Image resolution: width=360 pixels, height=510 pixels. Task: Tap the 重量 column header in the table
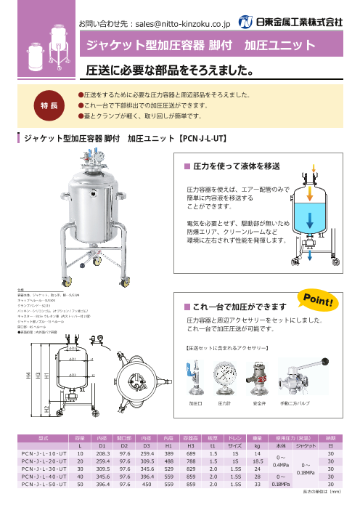click(x=256, y=438)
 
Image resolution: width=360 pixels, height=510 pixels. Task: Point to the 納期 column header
click(x=331, y=438)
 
